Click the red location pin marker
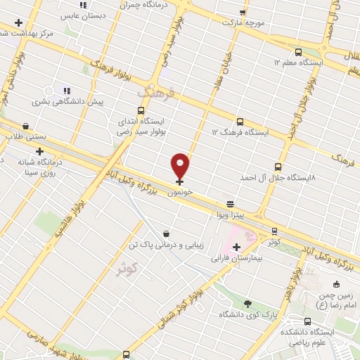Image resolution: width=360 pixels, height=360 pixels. tap(181, 166)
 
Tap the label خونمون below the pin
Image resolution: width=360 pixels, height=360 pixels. tap(181, 191)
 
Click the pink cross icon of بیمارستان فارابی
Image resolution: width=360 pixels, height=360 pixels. tap(236, 247)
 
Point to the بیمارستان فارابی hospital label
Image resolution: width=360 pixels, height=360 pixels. tap(236, 258)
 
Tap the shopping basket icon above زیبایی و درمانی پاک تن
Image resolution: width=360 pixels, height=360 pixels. tap(165, 233)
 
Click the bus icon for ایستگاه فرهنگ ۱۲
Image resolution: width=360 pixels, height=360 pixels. tap(240, 122)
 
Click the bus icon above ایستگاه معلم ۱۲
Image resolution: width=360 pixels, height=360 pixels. tap(298, 52)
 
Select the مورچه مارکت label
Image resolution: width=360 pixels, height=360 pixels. tap(243, 22)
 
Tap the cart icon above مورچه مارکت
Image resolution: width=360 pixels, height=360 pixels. tap(243, 12)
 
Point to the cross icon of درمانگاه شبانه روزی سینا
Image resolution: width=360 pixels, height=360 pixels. tap(39, 151)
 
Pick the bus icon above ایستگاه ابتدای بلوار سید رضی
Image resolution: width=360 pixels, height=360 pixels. tap(141, 111)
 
